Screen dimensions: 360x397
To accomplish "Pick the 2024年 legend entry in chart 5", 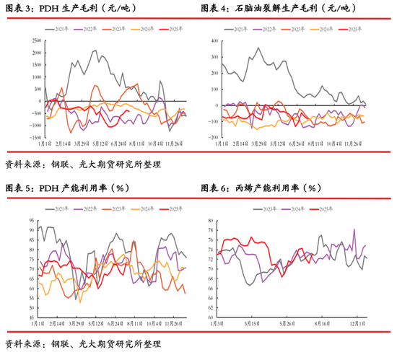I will tap(144, 208).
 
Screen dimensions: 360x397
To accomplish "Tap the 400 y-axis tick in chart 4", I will tap(213, 40).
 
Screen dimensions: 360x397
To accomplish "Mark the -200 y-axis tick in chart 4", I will tap(212, 137).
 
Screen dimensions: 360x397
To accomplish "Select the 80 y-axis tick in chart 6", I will tap(210, 221).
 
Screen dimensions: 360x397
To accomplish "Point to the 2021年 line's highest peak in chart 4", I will tap(258, 48).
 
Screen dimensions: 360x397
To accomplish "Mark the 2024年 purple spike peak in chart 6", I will tap(354, 229).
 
